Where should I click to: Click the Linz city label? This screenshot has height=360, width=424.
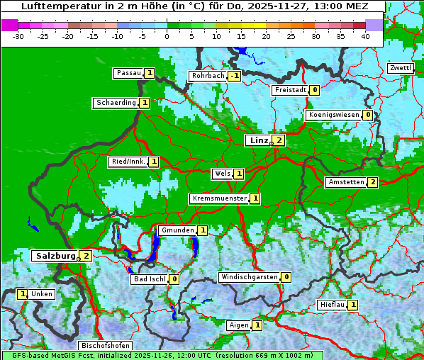(259, 140)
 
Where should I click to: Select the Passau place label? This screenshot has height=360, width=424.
(129, 73)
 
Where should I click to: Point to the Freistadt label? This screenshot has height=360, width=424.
(290, 90)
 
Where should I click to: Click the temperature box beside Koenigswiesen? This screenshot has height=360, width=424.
(367, 115)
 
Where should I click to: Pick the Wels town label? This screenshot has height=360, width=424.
(222, 174)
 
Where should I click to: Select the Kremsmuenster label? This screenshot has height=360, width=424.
(219, 198)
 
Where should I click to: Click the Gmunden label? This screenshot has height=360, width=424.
(177, 230)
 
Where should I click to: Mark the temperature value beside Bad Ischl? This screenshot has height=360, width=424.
(174, 279)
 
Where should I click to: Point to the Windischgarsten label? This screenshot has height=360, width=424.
(249, 277)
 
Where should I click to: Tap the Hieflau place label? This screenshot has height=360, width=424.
(333, 305)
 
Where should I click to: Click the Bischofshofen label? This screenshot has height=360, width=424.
(104, 345)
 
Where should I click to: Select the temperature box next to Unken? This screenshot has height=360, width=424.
(23, 294)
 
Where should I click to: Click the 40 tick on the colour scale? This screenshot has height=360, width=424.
(365, 36)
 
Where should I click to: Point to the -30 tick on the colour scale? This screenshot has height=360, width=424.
(18, 36)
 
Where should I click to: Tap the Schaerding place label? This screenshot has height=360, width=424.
(116, 103)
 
